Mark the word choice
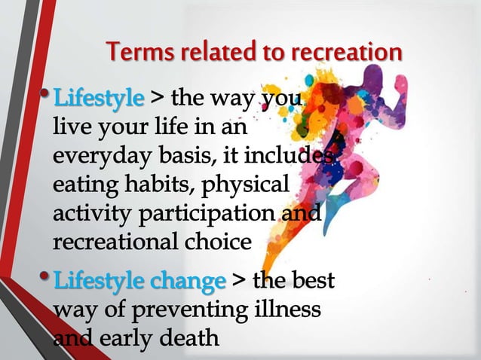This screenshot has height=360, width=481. pos(217,242)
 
